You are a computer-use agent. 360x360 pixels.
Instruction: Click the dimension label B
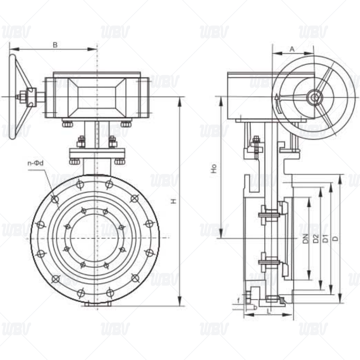[55, 45]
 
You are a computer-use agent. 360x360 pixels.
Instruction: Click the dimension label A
[292, 48]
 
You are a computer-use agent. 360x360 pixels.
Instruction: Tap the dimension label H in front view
[174, 201]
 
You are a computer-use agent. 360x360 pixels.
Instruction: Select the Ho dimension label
[215, 169]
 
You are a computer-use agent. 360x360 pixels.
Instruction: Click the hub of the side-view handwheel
[314, 96]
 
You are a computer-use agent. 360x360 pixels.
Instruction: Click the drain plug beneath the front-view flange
[96, 305]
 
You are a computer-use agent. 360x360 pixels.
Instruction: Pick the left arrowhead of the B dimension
[12, 49]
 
